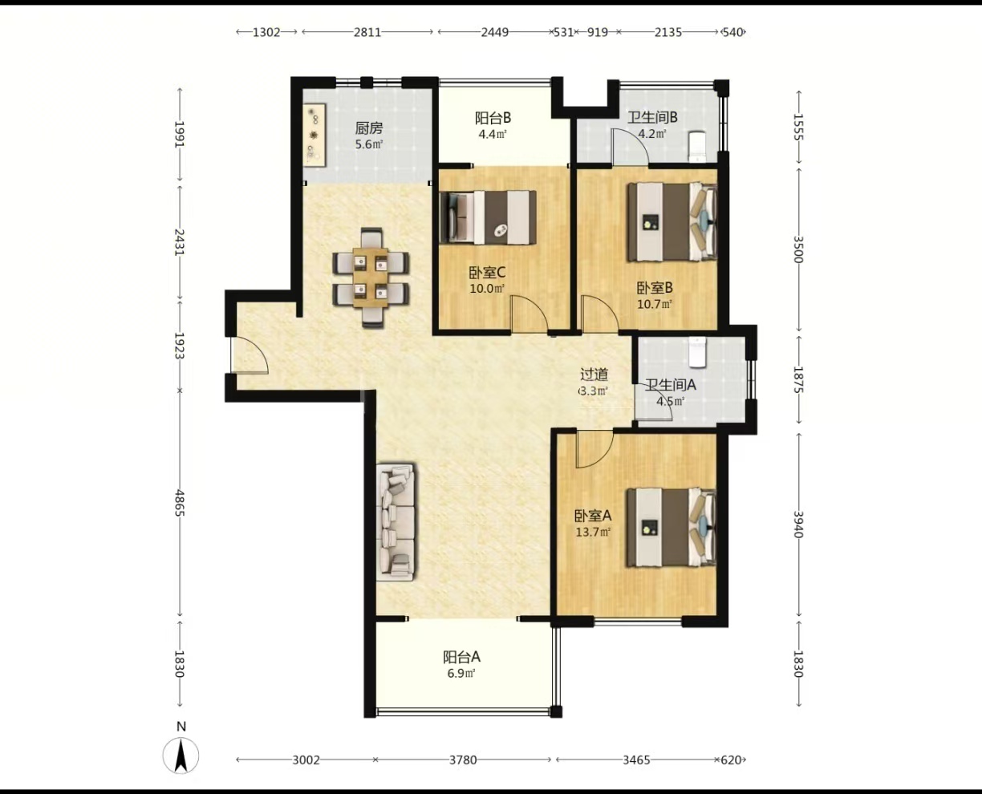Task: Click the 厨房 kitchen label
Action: pos(369,128)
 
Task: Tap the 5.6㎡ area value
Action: pos(369,144)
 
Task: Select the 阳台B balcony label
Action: pos(493,118)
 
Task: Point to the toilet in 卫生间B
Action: pos(696,147)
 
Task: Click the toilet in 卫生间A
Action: pos(697,352)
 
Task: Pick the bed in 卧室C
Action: pos(488,217)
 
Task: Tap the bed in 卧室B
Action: pos(672,221)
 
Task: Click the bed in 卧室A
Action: pos(671,528)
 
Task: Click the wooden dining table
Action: pos(371,277)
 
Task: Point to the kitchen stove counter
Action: pos(314,135)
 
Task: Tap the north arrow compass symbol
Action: pos(181,755)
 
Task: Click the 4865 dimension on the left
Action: pos(180,503)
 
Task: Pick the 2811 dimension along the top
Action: pos(367,32)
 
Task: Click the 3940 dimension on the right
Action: pos(798,525)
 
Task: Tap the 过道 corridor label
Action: pos(594,375)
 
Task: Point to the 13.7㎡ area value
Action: pos(593,533)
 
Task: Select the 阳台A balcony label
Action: pos(461,657)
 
